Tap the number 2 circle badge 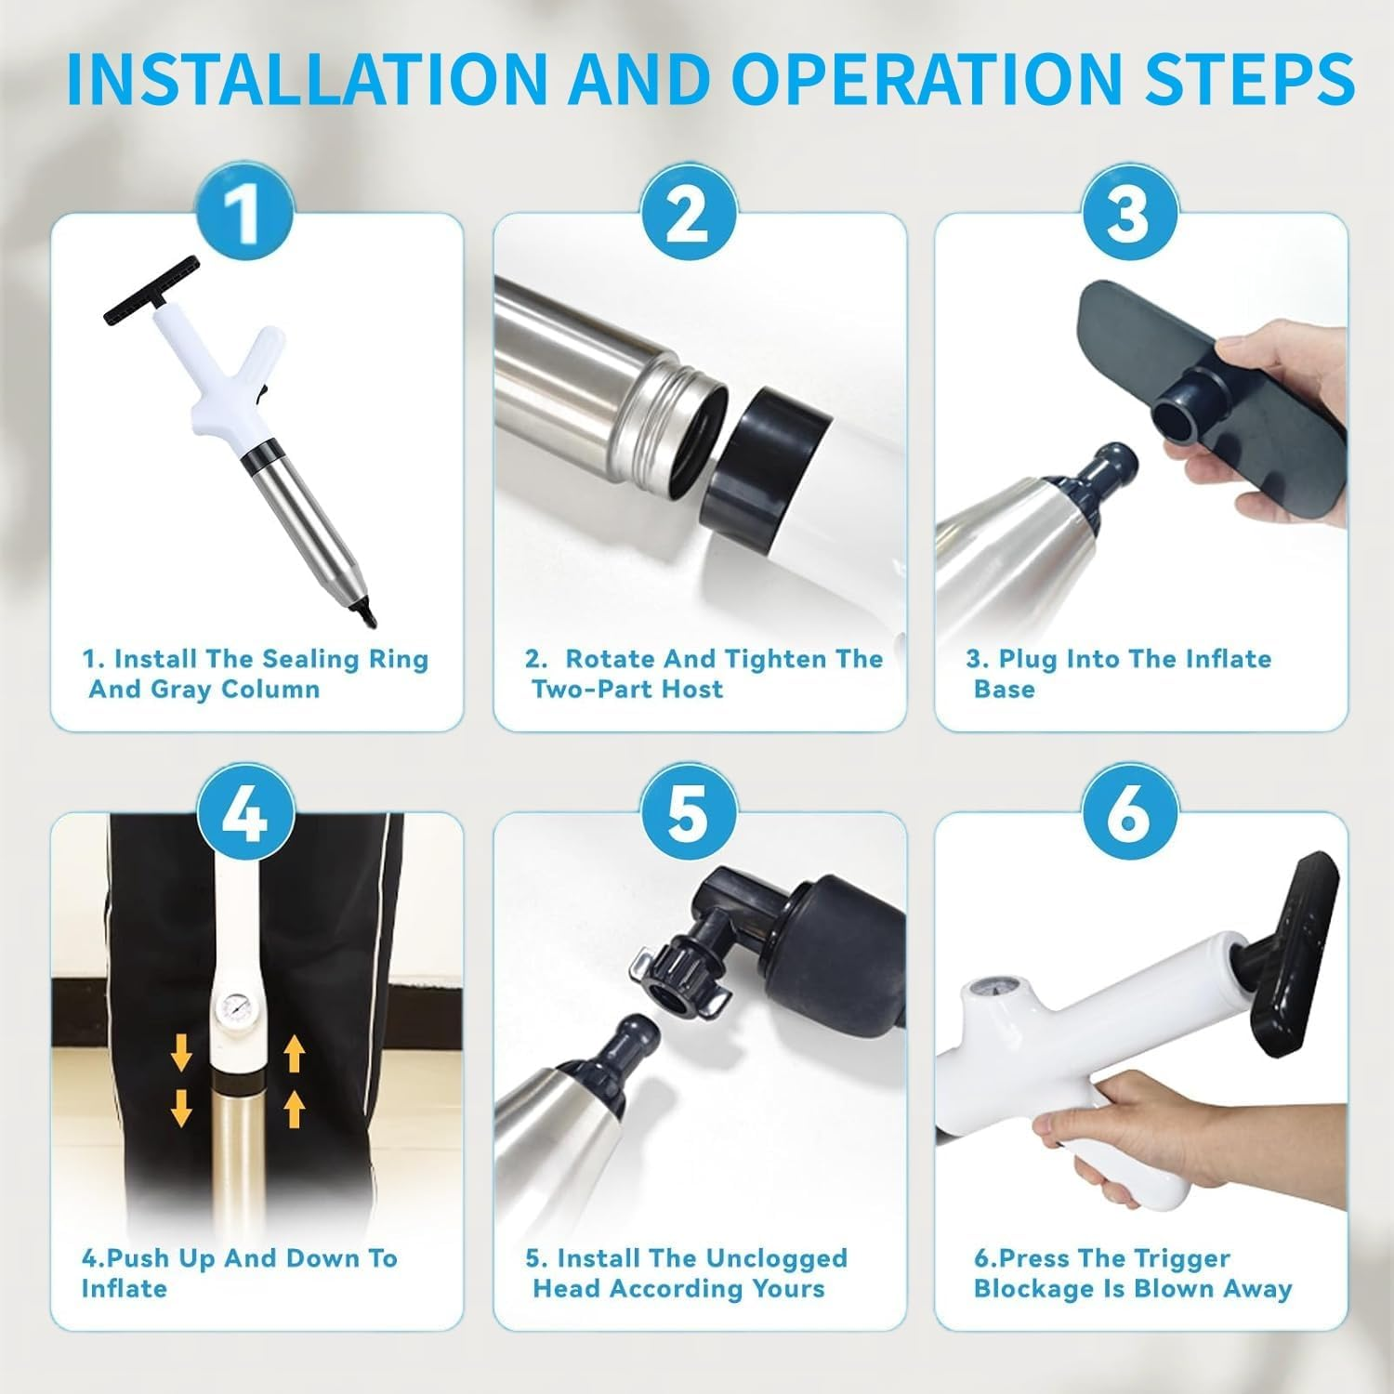(x=688, y=216)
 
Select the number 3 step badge (x=1128, y=216)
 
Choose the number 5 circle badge (x=688, y=815)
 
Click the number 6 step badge (x=1128, y=815)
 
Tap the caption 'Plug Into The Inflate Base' (x=1118, y=674)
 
